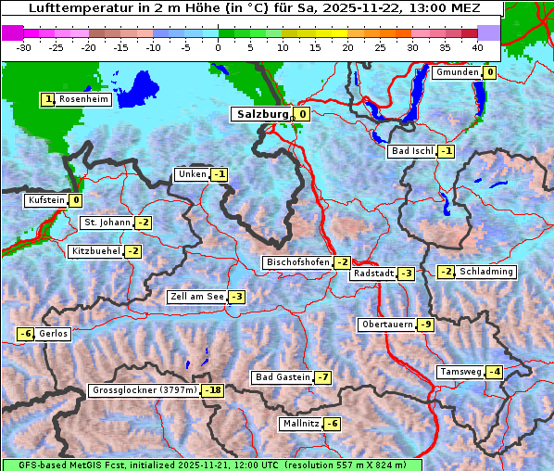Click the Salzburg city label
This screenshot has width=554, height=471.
(x=262, y=114)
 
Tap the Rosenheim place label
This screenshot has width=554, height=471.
(x=83, y=99)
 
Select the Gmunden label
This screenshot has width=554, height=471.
(x=457, y=72)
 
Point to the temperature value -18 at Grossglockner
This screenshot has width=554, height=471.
(x=214, y=390)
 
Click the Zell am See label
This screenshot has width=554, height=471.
(x=196, y=297)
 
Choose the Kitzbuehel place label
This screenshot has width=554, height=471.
(x=95, y=251)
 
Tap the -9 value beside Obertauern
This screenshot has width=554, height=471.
(x=425, y=325)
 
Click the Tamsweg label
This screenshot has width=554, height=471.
(x=460, y=372)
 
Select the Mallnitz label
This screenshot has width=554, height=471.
(x=300, y=424)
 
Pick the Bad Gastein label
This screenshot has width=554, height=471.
(x=283, y=377)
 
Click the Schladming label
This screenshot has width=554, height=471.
(x=486, y=272)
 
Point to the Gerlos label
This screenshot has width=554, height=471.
(x=54, y=334)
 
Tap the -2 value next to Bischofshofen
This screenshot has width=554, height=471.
(x=343, y=262)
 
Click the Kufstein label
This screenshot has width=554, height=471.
(x=46, y=199)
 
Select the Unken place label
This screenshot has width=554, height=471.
(x=192, y=174)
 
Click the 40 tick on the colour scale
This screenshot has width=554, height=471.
(x=477, y=46)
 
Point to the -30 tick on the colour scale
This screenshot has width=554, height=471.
(x=24, y=46)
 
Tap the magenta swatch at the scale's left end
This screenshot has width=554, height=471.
(x=13, y=32)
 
